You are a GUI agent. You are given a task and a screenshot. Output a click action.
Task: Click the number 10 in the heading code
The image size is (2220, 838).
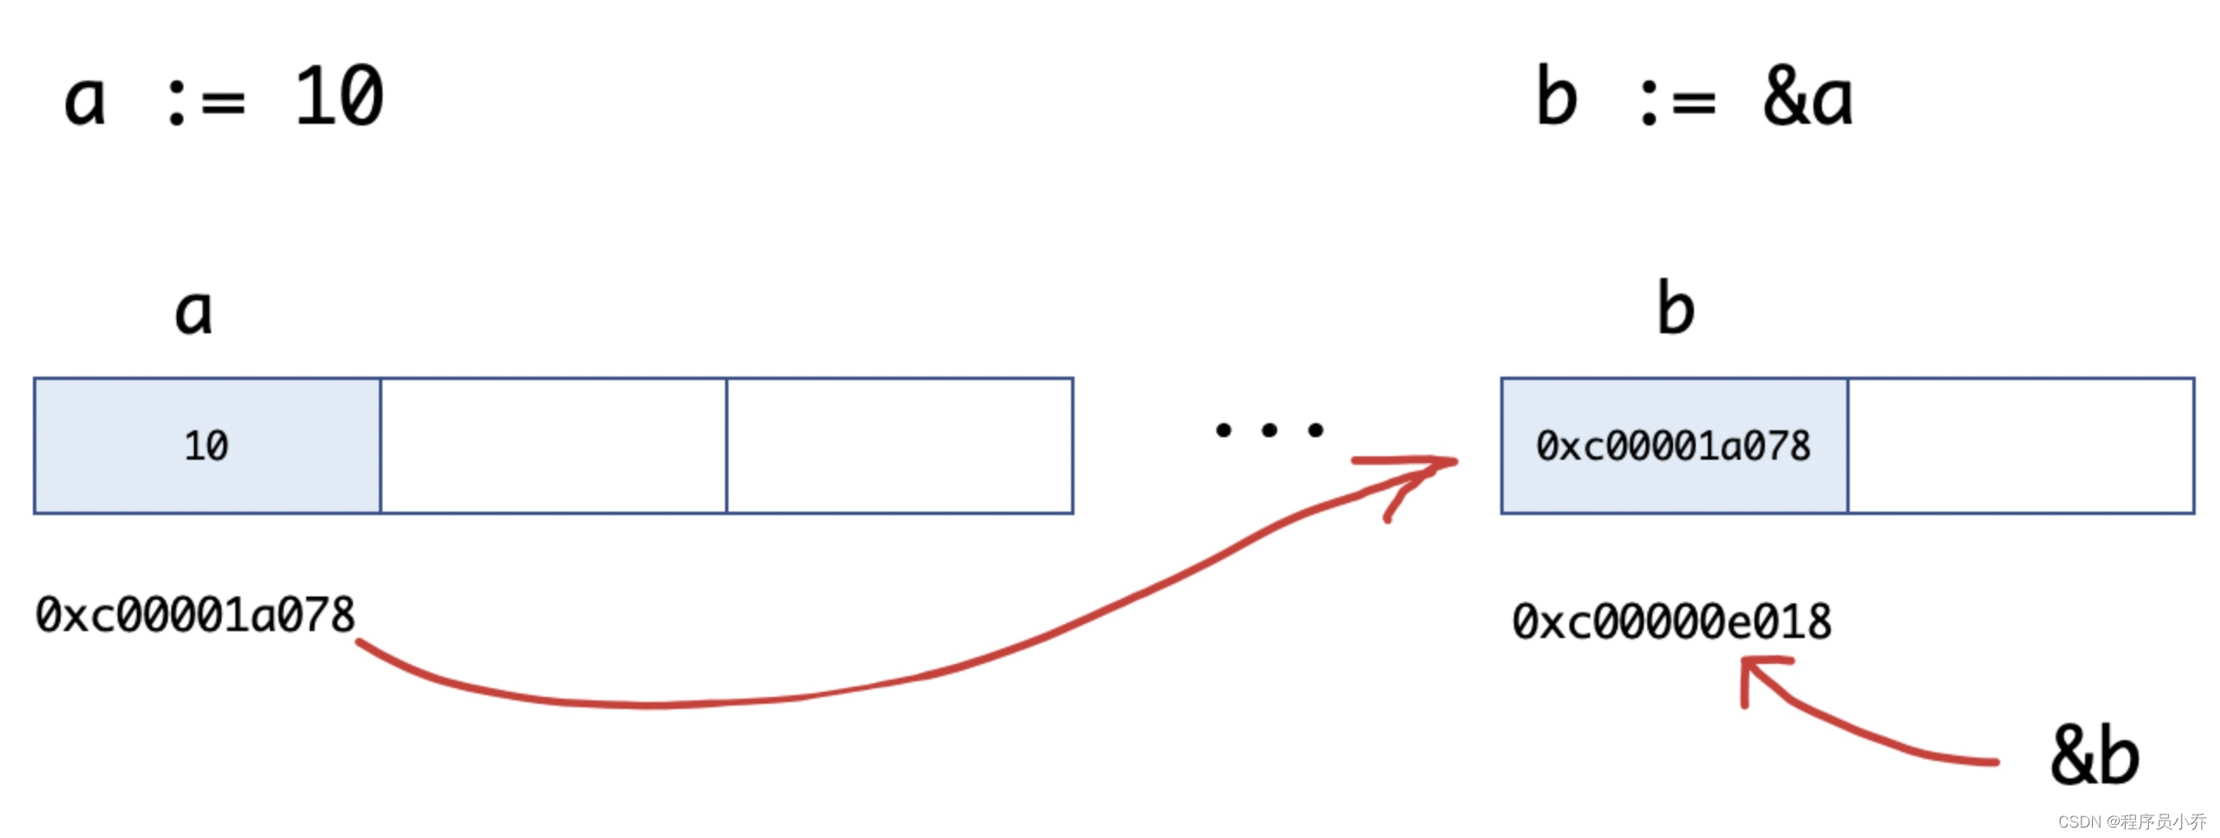click(339, 97)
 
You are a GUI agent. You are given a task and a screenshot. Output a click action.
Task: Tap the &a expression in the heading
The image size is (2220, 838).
click(1808, 97)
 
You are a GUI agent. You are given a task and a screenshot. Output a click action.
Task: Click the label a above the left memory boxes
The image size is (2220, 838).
click(193, 312)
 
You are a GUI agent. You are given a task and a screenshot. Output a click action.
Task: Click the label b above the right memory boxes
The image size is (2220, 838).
click(1676, 308)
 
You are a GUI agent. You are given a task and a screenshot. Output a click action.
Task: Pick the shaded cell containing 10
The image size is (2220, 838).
click(207, 446)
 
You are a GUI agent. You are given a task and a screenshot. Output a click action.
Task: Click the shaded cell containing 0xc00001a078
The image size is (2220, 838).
click(1673, 446)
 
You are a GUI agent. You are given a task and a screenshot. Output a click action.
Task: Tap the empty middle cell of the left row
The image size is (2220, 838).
click(554, 446)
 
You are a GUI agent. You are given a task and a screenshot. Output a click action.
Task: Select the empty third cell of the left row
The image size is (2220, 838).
click(900, 446)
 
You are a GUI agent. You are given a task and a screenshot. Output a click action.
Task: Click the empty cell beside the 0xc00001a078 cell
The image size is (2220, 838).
click(2021, 446)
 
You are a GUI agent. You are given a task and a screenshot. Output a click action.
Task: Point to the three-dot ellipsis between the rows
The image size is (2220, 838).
click(1269, 430)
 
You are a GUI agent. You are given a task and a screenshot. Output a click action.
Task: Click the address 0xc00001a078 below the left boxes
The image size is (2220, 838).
click(195, 616)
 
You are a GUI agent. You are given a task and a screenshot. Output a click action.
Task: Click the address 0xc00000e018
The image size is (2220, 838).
click(1671, 622)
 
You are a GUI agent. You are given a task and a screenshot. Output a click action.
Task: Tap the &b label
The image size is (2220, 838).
click(2095, 756)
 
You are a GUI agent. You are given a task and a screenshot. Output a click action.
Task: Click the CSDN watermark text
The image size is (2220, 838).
click(2132, 822)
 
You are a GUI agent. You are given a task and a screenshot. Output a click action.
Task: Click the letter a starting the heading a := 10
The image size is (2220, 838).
click(85, 100)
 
